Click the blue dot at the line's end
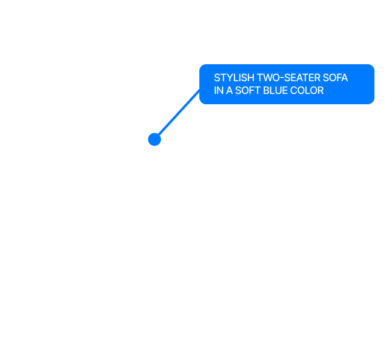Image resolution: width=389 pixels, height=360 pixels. tap(155, 139)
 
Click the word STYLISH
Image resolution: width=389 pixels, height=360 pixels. tap(234, 78)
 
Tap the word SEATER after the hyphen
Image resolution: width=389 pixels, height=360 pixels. tap(299, 78)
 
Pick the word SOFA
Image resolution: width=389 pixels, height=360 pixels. tap(331, 78)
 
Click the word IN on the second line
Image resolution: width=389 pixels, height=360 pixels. tap(219, 90)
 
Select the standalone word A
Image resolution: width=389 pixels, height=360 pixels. tap(229, 90)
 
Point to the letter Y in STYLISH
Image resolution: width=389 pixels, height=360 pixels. tap(229, 78)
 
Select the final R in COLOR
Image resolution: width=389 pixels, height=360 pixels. tap(321, 90)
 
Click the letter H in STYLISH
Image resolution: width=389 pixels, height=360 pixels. tap(250, 78)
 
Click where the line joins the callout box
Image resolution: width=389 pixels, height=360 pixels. tap(199, 90)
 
